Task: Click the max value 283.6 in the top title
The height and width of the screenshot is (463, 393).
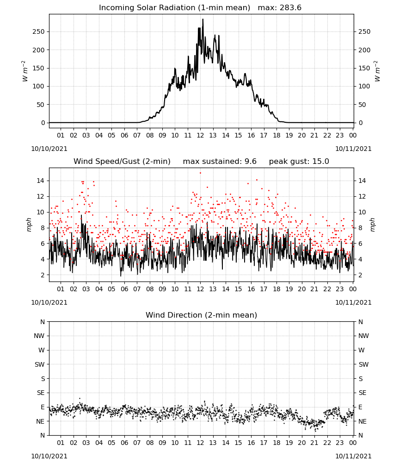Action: tap(290, 8)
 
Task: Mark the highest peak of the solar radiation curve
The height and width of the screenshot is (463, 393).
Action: tap(203, 19)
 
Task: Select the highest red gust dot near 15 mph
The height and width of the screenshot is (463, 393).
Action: tap(201, 173)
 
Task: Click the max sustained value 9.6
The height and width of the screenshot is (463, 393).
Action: tap(250, 162)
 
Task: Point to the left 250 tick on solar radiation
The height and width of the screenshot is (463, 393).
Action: tap(39, 32)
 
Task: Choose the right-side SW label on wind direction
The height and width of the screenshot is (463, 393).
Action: tap(363, 364)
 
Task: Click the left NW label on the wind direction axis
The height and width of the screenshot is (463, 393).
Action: tap(39, 336)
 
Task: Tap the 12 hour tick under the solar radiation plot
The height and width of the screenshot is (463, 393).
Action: tap(201, 136)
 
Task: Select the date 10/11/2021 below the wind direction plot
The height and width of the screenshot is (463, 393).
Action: tap(353, 456)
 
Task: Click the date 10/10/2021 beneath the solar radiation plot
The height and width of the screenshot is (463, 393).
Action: tap(49, 149)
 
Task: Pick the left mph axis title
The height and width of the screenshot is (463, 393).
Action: tap(29, 225)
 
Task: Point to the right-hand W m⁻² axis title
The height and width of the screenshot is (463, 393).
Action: tap(377, 71)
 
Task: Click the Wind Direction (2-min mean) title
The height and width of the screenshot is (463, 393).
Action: tap(202, 315)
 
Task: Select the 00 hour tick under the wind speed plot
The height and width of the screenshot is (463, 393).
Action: tap(353, 289)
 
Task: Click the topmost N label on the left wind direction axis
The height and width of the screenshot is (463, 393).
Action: tap(43, 322)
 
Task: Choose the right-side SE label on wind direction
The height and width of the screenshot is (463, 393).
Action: tap(362, 393)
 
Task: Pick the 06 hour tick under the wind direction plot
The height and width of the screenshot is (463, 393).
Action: tap(124, 443)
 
